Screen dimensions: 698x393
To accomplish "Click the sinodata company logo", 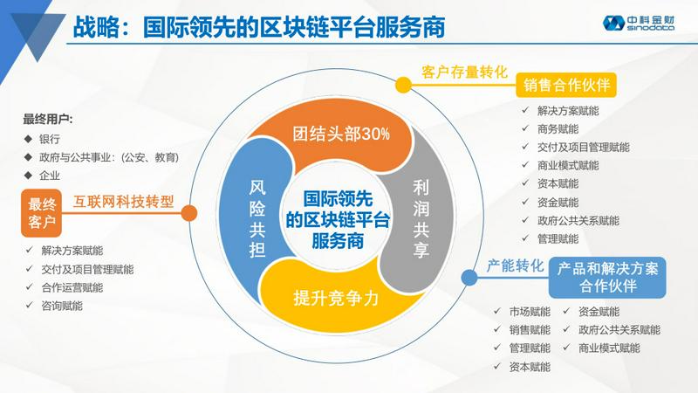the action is (639, 23).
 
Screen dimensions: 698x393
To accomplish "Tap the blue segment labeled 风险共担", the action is (256, 218).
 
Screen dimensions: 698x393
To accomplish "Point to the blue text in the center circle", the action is (338, 220).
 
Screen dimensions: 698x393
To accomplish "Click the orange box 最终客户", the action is (41, 213).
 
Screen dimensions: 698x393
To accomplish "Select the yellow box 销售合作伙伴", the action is (566, 85).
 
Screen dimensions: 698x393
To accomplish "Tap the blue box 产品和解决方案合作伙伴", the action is (607, 277).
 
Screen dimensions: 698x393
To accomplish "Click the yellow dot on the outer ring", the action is (403, 85).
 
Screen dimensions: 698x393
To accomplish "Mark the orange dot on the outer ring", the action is (189, 213).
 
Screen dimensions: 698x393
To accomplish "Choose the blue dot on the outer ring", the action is (469, 277).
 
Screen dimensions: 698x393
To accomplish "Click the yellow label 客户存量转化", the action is (464, 72).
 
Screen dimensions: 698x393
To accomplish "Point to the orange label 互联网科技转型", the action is (123, 202).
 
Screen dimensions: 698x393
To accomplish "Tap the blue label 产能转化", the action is (515, 266).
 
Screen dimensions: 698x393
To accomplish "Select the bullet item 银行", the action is (50, 139).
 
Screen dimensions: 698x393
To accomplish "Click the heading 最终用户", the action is (48, 120).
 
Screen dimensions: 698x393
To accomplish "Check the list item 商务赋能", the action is (558, 129).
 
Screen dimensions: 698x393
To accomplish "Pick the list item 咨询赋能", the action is (62, 307).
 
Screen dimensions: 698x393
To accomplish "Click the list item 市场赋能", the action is (530, 312).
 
